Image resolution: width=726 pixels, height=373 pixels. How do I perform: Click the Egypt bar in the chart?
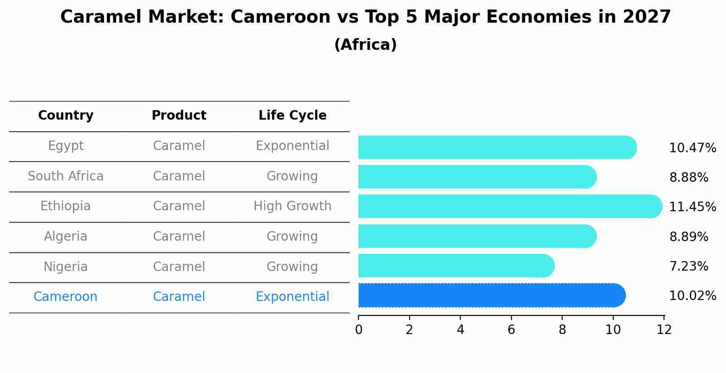click(497, 147)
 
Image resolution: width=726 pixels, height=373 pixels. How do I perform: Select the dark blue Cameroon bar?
click(492, 295)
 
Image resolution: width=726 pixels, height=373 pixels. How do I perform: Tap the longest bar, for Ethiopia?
click(510, 206)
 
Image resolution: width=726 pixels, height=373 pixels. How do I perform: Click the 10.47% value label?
click(692, 148)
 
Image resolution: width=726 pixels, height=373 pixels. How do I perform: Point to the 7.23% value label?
click(688, 266)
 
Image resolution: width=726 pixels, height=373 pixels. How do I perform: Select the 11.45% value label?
click(692, 207)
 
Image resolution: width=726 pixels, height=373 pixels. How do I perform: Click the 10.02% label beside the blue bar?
click(692, 296)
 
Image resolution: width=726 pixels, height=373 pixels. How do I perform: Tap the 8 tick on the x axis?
click(562, 330)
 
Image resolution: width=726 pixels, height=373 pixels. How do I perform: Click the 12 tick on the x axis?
click(664, 330)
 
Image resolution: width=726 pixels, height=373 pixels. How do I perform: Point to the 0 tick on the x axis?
click(358, 330)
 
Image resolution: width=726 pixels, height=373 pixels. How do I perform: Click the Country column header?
click(66, 116)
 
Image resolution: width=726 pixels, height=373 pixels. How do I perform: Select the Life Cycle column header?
click(292, 116)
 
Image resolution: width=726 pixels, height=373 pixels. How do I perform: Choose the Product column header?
click(179, 116)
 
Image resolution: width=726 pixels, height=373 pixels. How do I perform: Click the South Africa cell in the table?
click(66, 176)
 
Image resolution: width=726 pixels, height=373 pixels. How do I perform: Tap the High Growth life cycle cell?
click(292, 206)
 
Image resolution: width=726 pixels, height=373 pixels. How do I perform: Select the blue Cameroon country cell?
click(66, 297)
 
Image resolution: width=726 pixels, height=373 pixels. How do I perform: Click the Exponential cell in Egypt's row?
click(292, 146)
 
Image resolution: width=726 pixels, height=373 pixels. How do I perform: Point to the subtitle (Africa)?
click(365, 45)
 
